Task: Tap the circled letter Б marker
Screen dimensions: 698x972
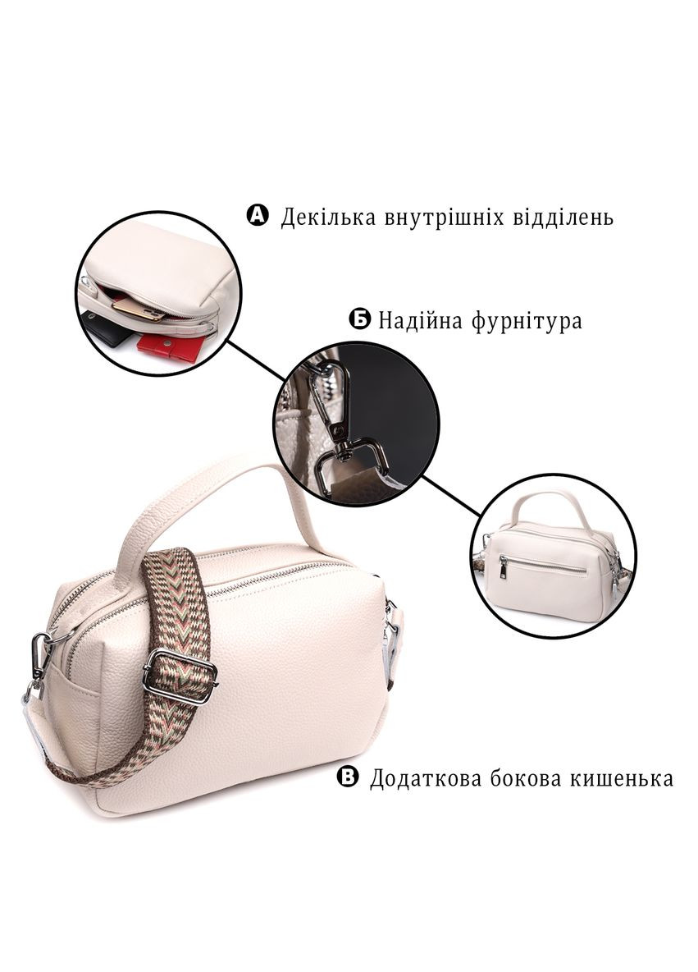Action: (360, 320)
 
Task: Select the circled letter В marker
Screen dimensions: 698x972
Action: (348, 777)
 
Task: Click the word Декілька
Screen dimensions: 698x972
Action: (328, 218)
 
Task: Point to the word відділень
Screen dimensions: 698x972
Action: (563, 217)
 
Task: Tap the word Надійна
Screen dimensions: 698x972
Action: (421, 321)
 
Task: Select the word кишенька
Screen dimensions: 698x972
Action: (621, 778)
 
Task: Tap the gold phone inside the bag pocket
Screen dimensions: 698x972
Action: (139, 308)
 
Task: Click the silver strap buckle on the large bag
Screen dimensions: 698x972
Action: (180, 675)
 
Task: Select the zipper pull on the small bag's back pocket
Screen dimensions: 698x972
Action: (504, 566)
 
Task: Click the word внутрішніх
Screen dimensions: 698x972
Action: (445, 218)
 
